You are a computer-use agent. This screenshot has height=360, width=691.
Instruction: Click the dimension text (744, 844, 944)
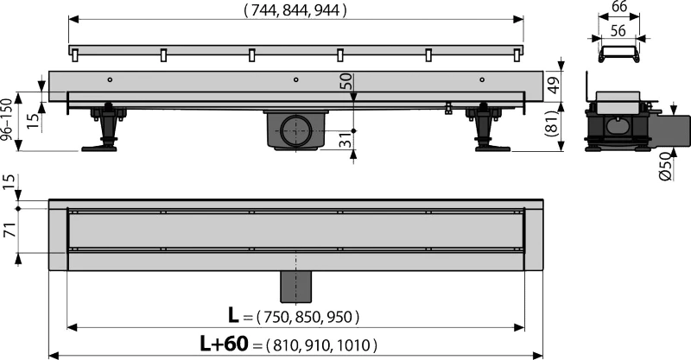tap(295, 10)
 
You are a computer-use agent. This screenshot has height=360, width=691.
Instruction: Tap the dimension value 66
tap(619, 7)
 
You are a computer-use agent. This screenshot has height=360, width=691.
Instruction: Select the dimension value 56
tap(618, 30)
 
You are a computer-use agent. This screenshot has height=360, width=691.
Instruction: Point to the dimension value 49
tap(553, 84)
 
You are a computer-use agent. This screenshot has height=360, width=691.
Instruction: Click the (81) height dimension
tap(553, 123)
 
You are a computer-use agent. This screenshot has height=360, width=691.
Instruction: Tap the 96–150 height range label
tap(7, 120)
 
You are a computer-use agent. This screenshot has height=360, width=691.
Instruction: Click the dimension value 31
tap(346, 141)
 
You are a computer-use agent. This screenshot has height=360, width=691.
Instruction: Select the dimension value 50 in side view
tap(346, 81)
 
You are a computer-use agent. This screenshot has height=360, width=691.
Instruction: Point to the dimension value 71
tap(10, 230)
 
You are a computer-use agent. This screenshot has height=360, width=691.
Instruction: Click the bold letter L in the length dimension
tap(233, 315)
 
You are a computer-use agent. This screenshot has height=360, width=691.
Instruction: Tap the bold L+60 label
tap(225, 344)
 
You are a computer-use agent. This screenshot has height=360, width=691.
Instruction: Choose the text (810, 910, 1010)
tap(321, 345)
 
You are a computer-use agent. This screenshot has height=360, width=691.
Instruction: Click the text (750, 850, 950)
tap(307, 317)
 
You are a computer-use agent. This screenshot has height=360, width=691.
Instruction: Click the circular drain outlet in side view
tap(296, 130)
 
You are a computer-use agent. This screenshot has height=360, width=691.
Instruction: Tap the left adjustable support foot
tap(105, 129)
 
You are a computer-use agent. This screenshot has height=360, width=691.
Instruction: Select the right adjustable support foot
tap(487, 129)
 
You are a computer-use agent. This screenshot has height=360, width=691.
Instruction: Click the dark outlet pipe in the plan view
tap(295, 287)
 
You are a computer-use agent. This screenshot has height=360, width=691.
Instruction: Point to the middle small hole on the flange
tap(296, 79)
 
